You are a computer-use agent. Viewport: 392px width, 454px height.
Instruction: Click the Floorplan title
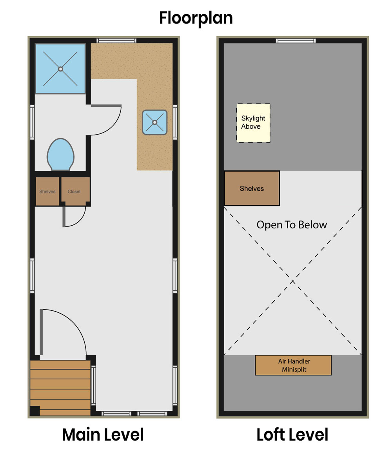[x=196, y=18]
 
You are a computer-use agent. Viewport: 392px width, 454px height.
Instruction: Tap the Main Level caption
[x=103, y=435]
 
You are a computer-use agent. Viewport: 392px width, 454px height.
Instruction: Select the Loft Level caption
[x=292, y=435]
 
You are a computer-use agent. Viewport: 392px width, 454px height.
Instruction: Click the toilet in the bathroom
[x=60, y=154]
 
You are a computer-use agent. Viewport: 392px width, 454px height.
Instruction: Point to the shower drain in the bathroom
[x=60, y=69]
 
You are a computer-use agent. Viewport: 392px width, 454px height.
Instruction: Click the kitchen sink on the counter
[x=155, y=122]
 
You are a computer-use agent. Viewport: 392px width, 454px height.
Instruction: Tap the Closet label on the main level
[x=74, y=191]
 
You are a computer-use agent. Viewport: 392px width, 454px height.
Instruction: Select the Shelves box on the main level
[x=47, y=191]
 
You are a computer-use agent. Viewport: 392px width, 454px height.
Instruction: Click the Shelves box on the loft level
[x=252, y=188]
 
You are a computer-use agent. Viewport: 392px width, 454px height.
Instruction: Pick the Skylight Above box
[x=253, y=123]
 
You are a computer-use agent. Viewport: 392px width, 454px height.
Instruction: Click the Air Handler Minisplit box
[x=293, y=365]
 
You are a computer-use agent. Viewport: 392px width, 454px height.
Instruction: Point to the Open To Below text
[x=292, y=225]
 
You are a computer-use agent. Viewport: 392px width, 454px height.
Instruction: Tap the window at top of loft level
[x=296, y=40]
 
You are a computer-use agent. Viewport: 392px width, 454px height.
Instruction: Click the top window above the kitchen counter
[x=116, y=40]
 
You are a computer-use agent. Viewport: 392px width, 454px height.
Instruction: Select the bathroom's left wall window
[x=33, y=122]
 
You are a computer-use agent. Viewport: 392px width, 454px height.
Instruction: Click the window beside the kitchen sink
[x=175, y=122]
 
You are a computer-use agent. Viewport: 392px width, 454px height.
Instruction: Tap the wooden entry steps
[x=60, y=388]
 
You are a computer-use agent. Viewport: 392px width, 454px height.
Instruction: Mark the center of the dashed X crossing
[x=292, y=281]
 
